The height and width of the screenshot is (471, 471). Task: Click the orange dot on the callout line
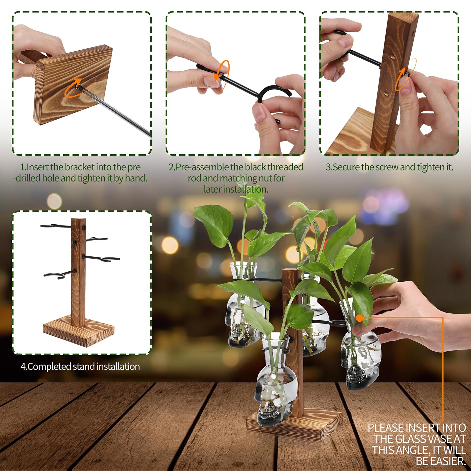[359, 318]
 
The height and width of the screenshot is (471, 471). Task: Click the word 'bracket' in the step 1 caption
[80, 167]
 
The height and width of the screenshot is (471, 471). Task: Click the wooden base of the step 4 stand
[79, 330]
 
